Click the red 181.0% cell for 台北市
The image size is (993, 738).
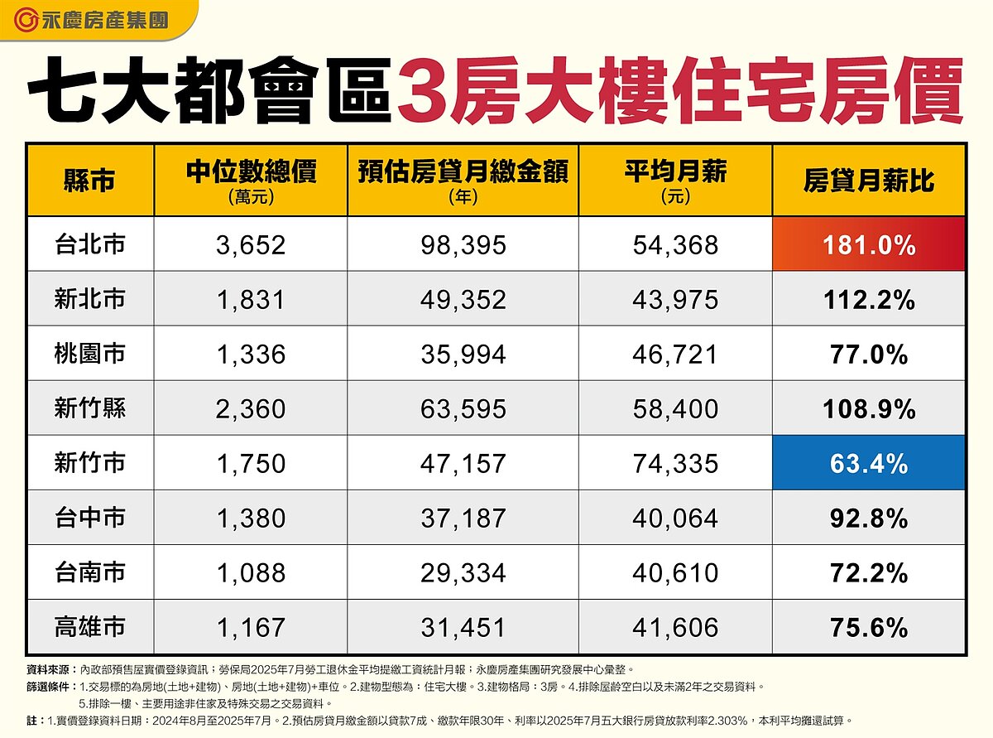coord(869,244)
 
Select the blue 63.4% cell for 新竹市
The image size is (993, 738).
coord(869,463)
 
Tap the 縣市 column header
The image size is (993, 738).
coord(89,180)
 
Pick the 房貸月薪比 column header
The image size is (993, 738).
coord(869,180)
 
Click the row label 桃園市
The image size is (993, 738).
coord(90,354)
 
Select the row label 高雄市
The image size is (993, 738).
coord(90,627)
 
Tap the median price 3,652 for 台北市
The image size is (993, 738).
coord(251,245)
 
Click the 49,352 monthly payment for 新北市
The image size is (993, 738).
coord(463,300)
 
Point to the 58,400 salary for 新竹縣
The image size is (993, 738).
coord(675,408)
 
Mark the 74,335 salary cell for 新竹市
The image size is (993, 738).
coord(675,463)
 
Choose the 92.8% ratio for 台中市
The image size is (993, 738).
coord(869,519)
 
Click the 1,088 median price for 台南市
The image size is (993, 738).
coord(251,572)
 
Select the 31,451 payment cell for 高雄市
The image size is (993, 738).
coord(463,627)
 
